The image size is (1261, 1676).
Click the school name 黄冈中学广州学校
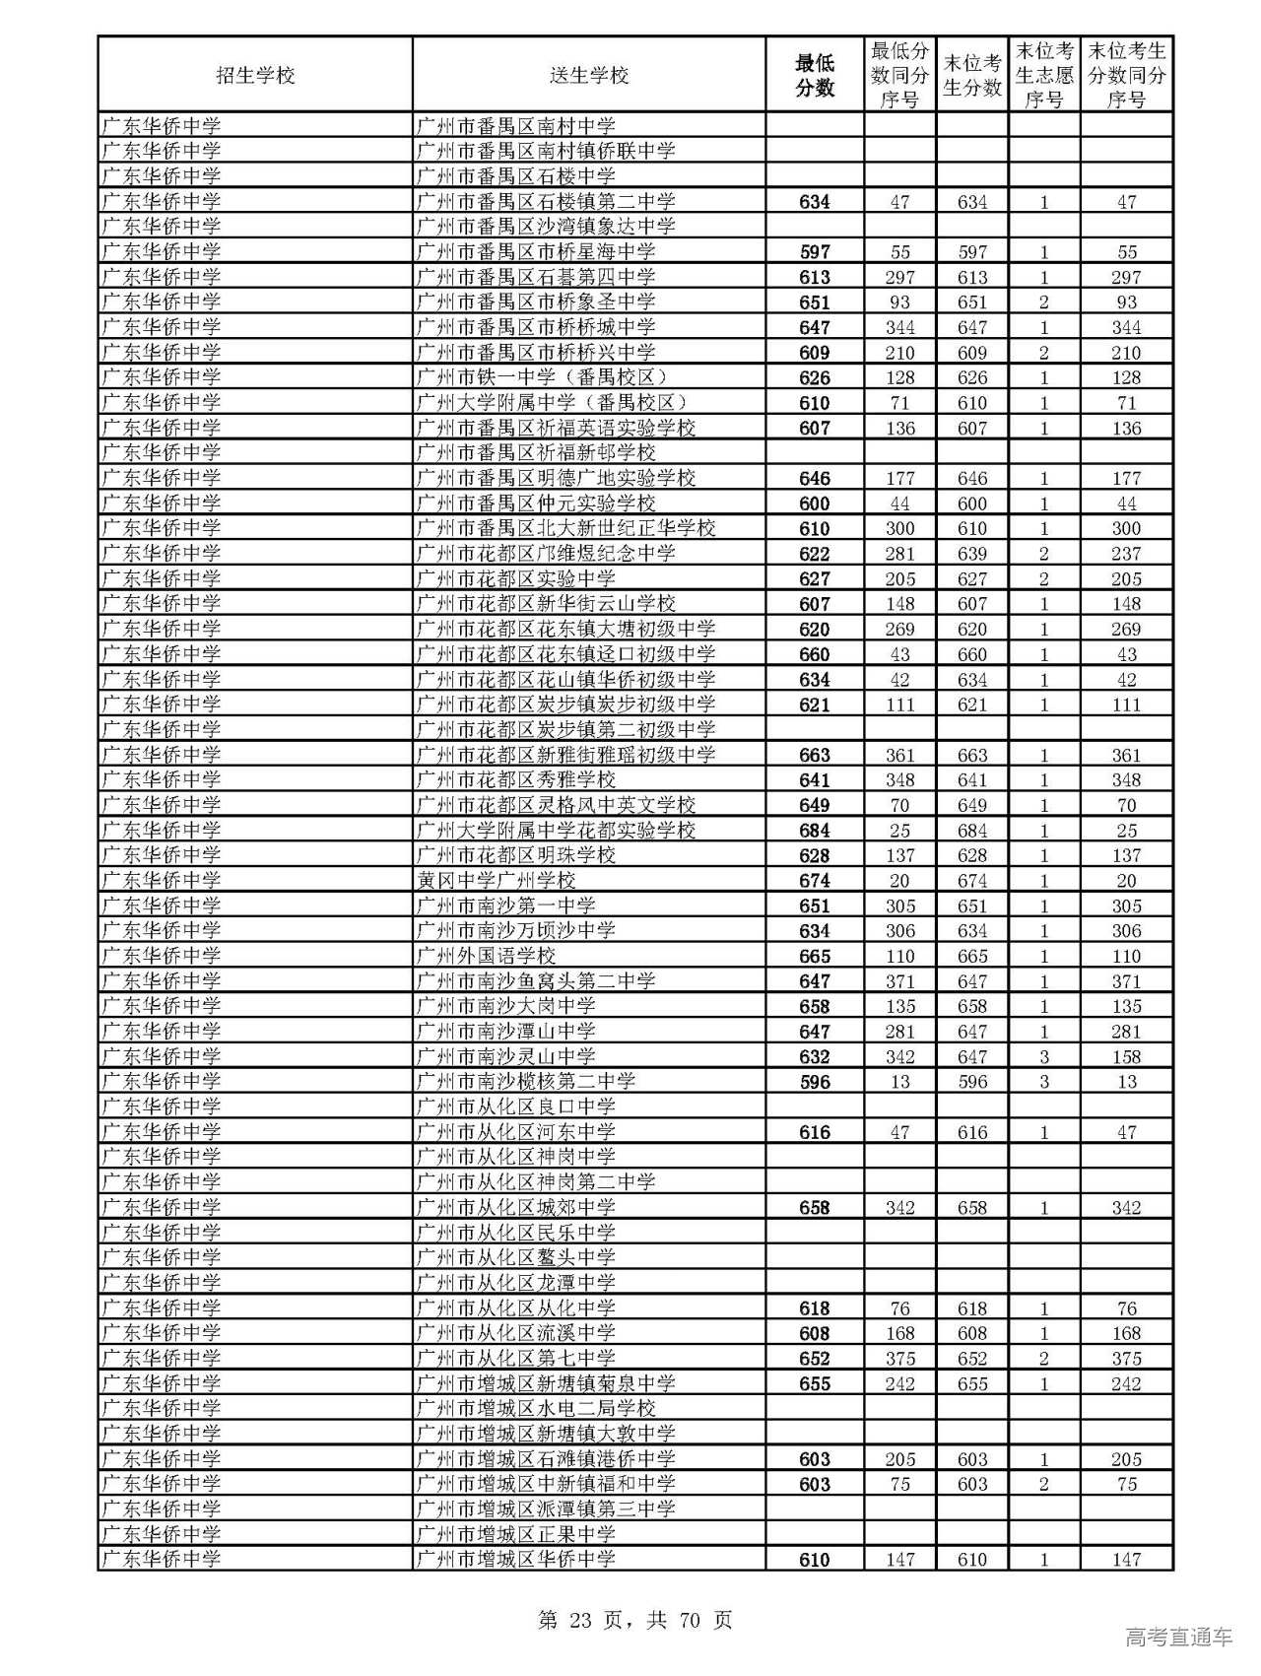496,881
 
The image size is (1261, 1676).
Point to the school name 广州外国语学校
486,956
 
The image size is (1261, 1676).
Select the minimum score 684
815,831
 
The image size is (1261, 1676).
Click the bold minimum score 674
815,881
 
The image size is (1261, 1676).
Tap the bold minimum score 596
815,1082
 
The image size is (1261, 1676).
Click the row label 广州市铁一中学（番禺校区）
543,377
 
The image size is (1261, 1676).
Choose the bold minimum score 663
815,755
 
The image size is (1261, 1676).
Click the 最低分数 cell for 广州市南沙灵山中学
815,1056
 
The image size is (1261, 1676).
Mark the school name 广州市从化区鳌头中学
516,1257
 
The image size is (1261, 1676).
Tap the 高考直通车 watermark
1178,1637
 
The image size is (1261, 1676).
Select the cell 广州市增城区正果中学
516,1534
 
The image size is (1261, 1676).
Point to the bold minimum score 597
815,252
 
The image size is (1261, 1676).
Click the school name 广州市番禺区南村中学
516,126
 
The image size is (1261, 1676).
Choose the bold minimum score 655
815,1383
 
